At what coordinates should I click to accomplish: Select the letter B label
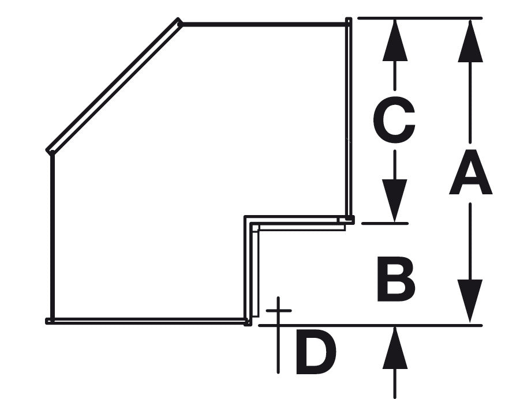click(x=395, y=279)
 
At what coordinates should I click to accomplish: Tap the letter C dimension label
click(x=394, y=119)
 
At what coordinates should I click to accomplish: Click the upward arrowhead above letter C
click(x=395, y=40)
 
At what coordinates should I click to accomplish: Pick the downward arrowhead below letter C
click(x=395, y=201)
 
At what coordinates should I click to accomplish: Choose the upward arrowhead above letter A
click(x=470, y=42)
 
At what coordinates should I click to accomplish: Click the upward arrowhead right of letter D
click(x=395, y=348)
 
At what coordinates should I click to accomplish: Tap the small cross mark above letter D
click(x=278, y=310)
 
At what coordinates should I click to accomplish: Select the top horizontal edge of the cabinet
click(x=263, y=24)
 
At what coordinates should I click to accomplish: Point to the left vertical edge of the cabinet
click(x=53, y=236)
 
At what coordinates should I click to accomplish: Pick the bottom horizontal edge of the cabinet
click(x=149, y=321)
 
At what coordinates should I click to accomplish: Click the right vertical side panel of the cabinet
click(x=349, y=119)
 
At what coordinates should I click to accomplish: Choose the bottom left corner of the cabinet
click(x=50, y=321)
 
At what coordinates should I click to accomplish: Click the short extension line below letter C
click(x=385, y=223)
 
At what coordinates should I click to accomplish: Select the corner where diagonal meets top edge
click(x=180, y=22)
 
